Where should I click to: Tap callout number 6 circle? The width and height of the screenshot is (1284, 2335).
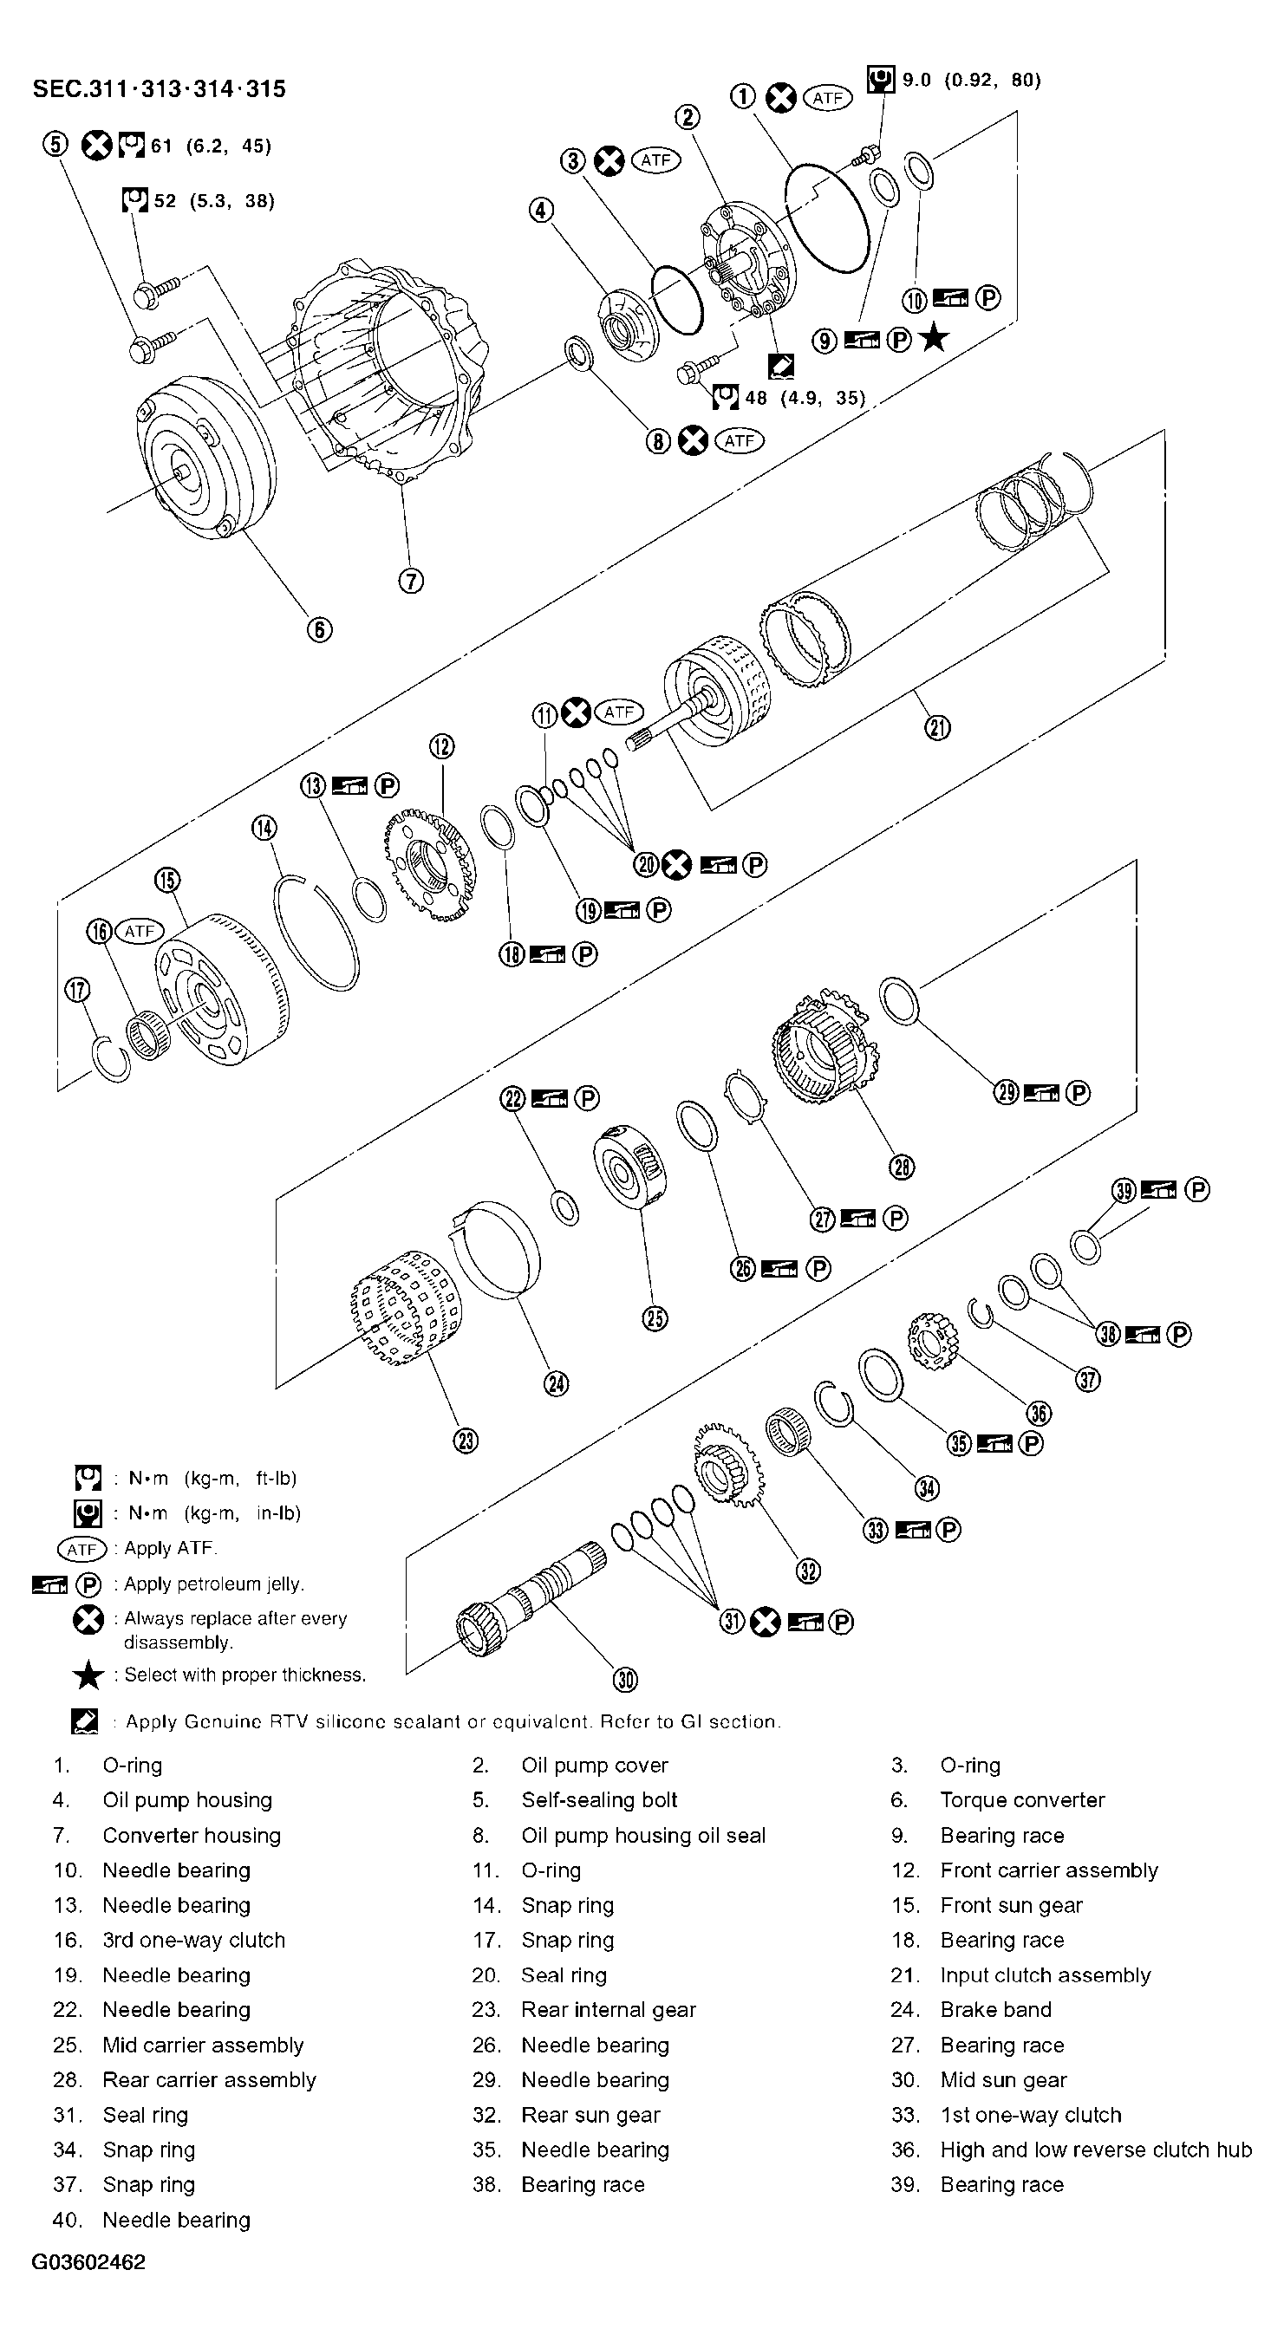pos(319,629)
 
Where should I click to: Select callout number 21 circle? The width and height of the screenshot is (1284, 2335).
pos(937,726)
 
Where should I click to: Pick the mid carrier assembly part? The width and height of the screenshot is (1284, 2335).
pos(629,1169)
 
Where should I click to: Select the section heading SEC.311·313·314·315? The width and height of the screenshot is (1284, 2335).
pos(159,88)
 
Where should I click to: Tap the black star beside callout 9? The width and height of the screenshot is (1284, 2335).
pos(933,339)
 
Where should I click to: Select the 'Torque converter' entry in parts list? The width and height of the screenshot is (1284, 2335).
pos(1022,1800)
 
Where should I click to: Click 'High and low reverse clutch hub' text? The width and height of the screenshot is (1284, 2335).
pos(1095,2150)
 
